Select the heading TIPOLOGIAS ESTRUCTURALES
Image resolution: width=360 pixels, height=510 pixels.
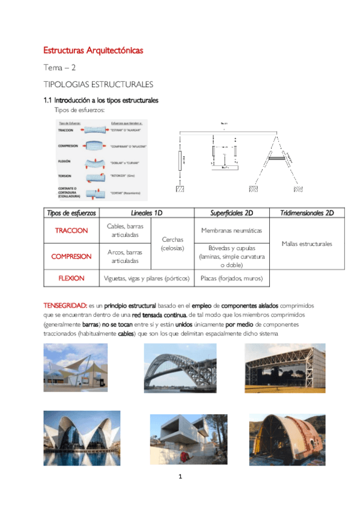point(98,84)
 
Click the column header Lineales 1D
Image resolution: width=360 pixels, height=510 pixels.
point(146,213)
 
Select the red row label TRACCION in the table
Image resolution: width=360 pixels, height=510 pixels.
point(72,231)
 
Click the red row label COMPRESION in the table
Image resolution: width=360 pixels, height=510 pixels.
point(72,256)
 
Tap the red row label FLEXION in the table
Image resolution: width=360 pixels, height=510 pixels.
point(72,278)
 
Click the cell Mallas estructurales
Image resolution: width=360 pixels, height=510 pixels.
point(307,244)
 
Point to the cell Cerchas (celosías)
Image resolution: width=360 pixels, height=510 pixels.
point(172,244)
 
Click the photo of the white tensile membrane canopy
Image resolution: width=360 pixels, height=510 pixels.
point(75,367)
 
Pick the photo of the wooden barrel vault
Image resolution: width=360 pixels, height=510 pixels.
point(279,440)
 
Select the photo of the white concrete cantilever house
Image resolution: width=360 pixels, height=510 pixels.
point(180,440)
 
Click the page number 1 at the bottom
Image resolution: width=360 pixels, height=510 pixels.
point(180,477)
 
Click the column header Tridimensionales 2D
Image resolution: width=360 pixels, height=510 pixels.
point(307,213)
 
